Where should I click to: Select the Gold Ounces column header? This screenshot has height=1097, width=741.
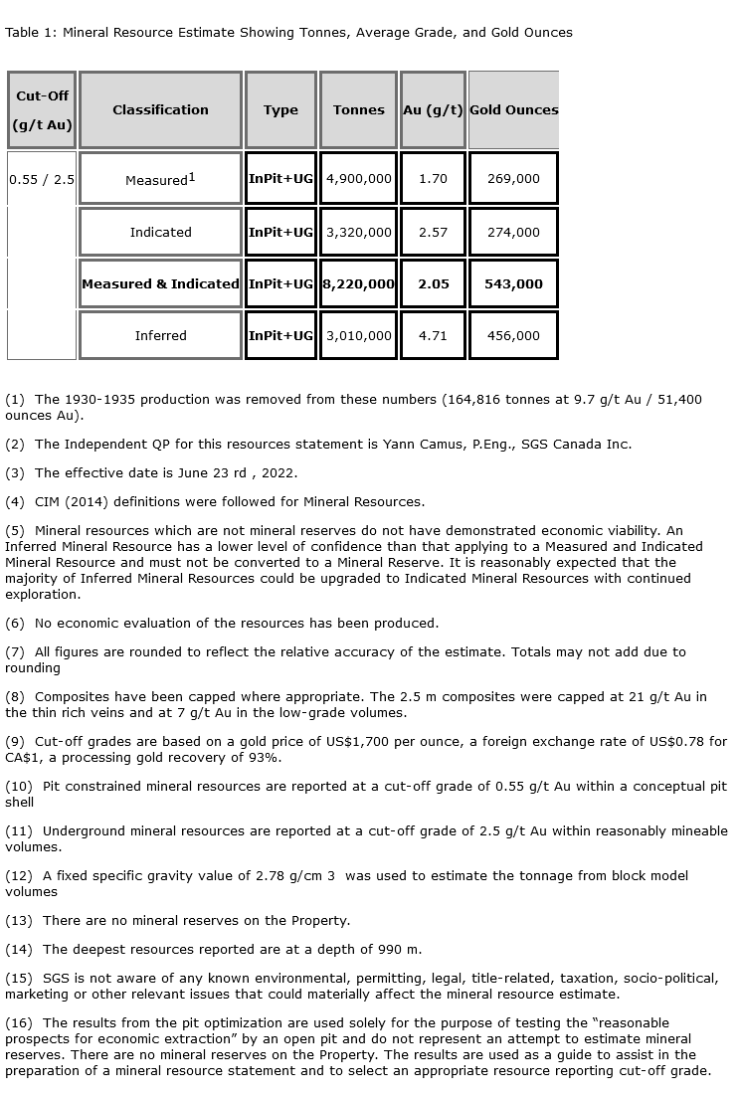tap(513, 110)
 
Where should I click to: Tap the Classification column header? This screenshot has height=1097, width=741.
tap(160, 110)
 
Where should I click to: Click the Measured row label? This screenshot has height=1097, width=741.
tap(159, 179)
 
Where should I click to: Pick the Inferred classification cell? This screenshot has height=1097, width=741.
tap(160, 335)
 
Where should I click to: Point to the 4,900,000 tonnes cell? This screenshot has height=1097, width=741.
tap(358, 179)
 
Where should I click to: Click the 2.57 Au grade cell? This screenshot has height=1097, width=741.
tap(433, 232)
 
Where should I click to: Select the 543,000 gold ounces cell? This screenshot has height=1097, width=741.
tap(513, 283)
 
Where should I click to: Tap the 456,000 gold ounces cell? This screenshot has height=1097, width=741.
tap(513, 335)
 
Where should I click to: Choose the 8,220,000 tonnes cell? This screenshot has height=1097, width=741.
tap(358, 283)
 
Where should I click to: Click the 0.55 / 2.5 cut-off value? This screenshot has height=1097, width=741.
tap(41, 180)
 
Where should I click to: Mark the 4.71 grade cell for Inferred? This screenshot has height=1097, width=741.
tap(433, 335)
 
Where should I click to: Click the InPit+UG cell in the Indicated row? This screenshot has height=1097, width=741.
tap(280, 232)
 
